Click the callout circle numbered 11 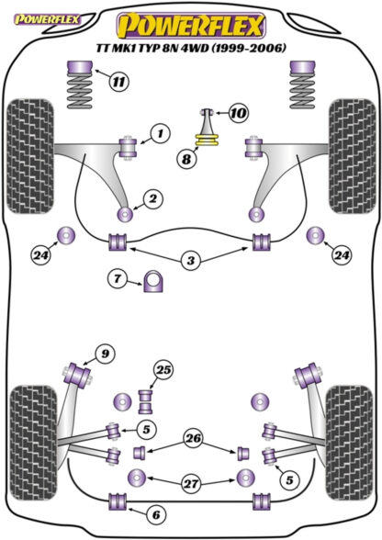(x=118, y=82)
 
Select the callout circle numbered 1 (x=160, y=133)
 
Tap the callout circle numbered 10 (x=239, y=112)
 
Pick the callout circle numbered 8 (x=186, y=159)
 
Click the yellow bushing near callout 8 (x=207, y=141)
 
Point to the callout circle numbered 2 (x=152, y=198)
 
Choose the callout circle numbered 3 (x=190, y=261)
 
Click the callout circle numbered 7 (x=118, y=278)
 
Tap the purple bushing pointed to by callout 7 (x=153, y=282)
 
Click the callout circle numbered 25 (x=163, y=370)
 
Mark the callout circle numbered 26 (x=193, y=438)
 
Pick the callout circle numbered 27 (x=191, y=484)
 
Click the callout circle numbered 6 (x=156, y=515)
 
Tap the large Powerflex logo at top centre (x=191, y=26)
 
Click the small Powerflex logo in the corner (x=46, y=19)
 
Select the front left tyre (x=30, y=156)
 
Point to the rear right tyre (x=349, y=443)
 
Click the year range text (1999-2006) (x=249, y=48)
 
